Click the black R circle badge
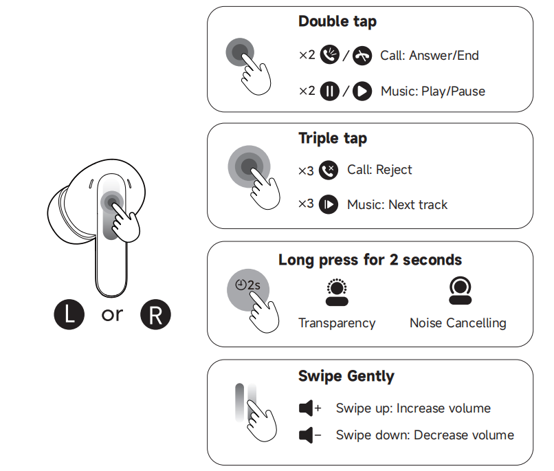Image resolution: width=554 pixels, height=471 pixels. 155,315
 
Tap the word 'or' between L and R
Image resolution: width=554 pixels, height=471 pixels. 112,314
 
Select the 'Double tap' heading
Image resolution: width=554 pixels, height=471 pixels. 337,21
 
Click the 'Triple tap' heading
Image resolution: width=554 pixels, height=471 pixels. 332,138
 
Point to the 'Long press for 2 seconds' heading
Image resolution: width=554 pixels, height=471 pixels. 370,260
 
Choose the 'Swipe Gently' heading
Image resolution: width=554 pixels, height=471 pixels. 346,376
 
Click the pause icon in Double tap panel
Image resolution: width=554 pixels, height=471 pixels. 330,91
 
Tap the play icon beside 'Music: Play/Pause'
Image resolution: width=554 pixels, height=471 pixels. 362,91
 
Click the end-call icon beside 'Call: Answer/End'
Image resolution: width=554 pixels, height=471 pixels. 362,56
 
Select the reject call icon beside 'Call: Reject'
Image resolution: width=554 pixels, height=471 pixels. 329,170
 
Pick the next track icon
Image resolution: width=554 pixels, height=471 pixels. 329,205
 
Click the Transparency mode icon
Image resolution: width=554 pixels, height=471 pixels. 336,292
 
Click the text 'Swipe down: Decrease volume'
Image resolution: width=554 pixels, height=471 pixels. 425,435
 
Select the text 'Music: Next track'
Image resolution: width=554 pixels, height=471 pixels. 397,205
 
